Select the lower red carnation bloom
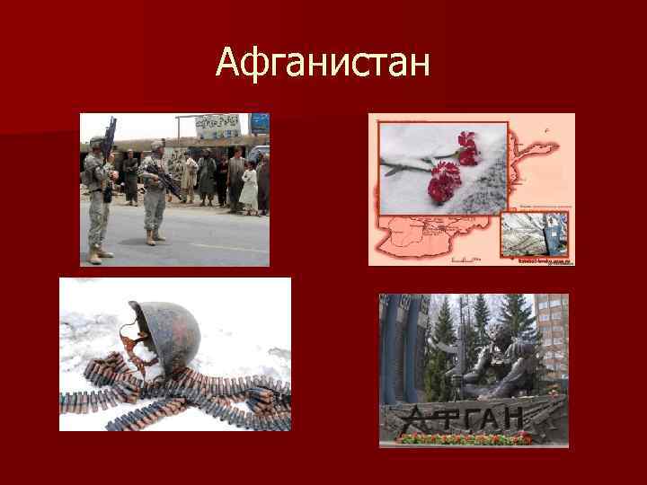(441, 179)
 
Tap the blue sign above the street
(259, 122)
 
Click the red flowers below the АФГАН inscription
(467, 438)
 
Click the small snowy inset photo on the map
(536, 235)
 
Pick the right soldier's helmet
(157, 145)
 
